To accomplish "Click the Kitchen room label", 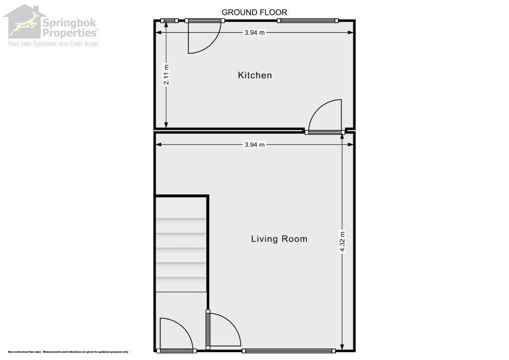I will (255, 76).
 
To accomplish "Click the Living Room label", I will (279, 239).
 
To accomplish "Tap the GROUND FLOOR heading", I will (254, 12).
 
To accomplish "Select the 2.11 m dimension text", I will (167, 75).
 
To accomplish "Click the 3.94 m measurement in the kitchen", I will (254, 33).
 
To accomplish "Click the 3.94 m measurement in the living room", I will (254, 145).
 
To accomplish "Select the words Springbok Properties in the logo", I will (70, 28).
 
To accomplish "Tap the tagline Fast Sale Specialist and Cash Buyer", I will (53, 44).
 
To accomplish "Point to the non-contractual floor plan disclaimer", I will (68, 352).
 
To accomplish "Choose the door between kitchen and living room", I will (326, 117).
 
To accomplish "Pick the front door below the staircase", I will (175, 335).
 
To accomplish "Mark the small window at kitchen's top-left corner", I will (170, 20).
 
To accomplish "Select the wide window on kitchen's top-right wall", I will (308, 20).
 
